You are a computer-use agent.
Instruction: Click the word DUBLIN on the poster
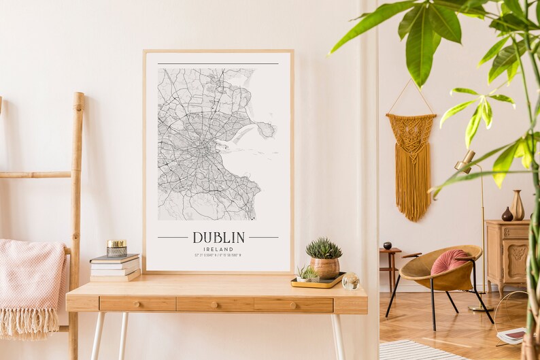(218, 238)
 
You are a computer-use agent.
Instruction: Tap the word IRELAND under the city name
(218, 249)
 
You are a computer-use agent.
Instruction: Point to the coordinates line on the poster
(218, 256)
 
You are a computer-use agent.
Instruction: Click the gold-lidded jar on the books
(116, 248)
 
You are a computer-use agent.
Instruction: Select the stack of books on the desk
(115, 267)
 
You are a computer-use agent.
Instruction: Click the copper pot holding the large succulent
(324, 267)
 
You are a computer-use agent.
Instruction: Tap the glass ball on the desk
(351, 281)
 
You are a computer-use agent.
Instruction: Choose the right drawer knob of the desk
(293, 303)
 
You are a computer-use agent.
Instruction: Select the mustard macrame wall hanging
(411, 163)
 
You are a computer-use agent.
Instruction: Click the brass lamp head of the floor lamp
(465, 162)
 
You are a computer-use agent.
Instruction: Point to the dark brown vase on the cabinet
(507, 214)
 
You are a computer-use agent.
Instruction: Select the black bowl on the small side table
(387, 246)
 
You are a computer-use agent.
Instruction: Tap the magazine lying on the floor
(511, 335)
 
